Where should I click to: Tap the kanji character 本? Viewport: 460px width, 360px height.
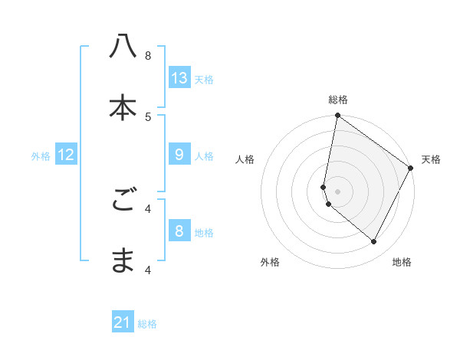point(123,107)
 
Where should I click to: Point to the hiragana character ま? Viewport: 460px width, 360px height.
point(123,260)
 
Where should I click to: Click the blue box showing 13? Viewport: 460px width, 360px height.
point(179,77)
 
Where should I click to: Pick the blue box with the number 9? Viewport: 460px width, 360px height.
point(179,155)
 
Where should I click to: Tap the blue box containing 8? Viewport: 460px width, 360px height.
point(179,231)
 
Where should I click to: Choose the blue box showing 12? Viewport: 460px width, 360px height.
point(66,155)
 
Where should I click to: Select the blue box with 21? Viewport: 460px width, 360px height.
point(123,322)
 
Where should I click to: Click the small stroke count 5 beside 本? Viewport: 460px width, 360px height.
point(148,116)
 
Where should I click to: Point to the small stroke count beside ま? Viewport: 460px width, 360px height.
point(148,270)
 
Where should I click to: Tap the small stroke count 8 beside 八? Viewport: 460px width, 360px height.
point(148,55)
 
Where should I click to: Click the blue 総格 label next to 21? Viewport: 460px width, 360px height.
point(147,324)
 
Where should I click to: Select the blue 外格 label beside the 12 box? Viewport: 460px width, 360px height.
point(41,156)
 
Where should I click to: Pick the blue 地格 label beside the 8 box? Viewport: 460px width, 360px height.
point(204,233)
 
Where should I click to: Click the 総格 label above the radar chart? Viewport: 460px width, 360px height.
point(338,100)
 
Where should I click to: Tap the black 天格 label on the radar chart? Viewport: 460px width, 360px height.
point(431,159)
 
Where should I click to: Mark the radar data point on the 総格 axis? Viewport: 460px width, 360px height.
point(337,116)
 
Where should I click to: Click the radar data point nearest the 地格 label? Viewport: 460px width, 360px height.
point(374,242)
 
